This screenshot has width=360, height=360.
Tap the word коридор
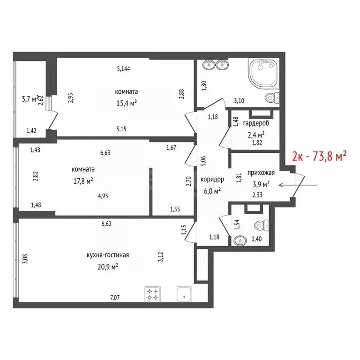(212, 179)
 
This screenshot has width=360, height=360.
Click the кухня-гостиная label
(107, 255)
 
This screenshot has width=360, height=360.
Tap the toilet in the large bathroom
(271, 98)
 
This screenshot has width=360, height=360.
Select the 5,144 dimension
(123, 69)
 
